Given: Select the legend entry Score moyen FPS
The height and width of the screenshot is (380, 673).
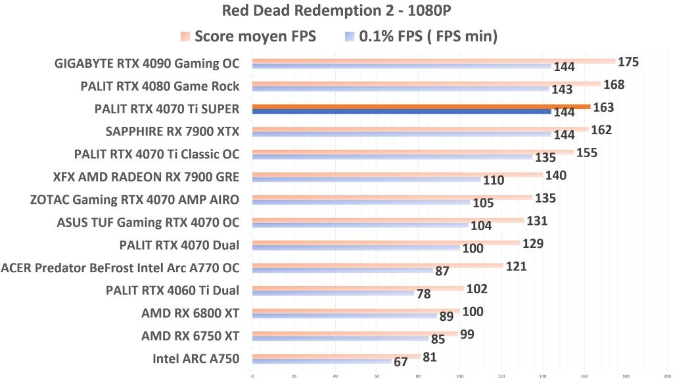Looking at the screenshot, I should coord(249,36).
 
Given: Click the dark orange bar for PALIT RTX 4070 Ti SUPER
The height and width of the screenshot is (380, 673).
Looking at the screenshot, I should coord(421,107).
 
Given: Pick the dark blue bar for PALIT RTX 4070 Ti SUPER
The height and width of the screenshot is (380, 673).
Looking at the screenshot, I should coord(401,112).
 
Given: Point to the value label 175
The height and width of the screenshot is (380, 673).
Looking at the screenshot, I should coord(629,62).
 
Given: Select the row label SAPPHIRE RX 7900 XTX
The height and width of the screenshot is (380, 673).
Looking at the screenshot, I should coord(172,131).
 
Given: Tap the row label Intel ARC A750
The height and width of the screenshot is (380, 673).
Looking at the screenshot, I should coord(196,358).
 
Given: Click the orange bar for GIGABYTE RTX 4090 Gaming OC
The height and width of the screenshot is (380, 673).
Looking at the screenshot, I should coord(434,61).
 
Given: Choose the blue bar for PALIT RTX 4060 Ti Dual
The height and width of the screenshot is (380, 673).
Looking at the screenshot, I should coord(333,293).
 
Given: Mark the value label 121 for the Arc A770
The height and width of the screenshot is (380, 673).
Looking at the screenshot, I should coord(517,266).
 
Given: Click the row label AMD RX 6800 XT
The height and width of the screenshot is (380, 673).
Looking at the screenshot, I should coord(190,313).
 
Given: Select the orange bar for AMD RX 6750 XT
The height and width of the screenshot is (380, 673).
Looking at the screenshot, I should coord(355,333).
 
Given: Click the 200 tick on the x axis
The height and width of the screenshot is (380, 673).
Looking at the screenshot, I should coord(667,377).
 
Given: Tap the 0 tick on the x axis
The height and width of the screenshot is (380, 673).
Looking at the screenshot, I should coord(252,377).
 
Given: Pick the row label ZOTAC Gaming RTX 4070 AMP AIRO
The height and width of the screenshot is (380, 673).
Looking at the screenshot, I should coord(134,199).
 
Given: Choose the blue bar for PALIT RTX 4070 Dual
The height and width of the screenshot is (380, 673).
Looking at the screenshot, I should coord(356,248).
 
